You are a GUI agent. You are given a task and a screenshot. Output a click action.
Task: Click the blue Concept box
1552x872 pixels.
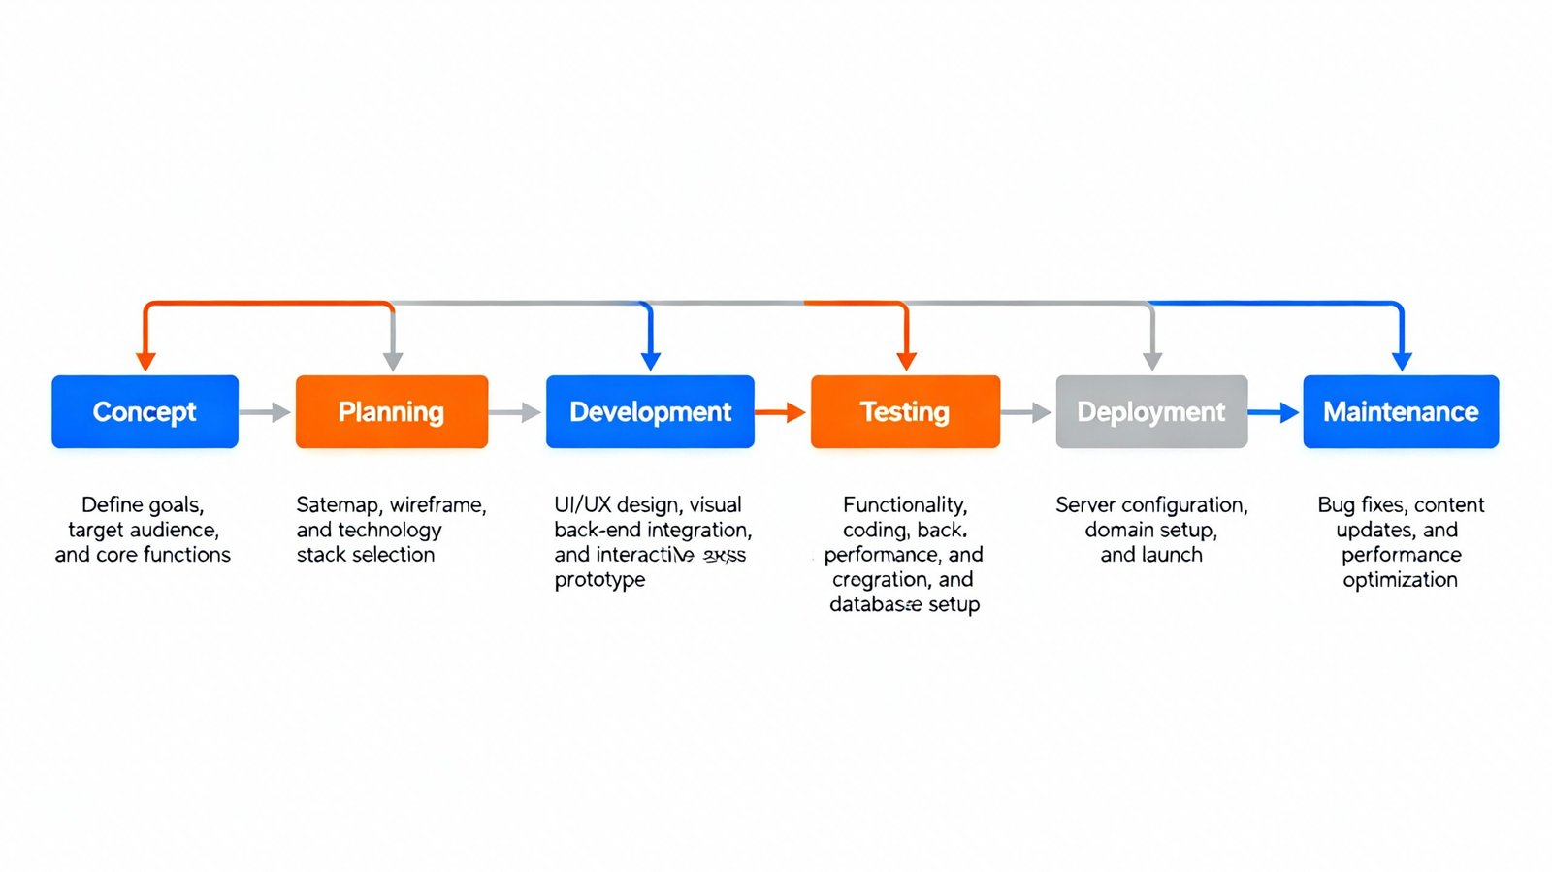pos(145,411)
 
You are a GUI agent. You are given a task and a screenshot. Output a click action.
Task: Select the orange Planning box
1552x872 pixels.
pos(391,411)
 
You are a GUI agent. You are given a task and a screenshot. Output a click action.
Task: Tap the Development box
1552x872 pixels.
pos(650,411)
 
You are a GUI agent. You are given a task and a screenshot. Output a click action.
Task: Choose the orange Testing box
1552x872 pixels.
pos(905,411)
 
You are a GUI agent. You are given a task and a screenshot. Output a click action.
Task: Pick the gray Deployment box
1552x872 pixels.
pos(1151,411)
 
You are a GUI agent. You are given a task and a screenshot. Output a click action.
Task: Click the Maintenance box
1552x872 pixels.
pos(1401,411)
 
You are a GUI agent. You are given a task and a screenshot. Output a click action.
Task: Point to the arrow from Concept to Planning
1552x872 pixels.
pos(266,412)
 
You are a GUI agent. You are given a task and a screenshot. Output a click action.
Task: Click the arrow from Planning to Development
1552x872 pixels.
pos(515,412)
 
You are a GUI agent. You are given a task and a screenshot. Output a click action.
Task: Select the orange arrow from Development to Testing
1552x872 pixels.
pos(781,412)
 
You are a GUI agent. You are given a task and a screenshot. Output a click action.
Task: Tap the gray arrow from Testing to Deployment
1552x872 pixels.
pos(1026,412)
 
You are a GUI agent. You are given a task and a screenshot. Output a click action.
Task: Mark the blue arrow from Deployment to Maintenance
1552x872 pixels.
pos(1274,412)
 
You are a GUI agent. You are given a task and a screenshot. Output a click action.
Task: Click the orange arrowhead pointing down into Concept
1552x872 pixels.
pos(145,361)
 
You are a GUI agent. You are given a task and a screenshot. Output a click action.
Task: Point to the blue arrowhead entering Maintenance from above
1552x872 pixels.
pos(1402,361)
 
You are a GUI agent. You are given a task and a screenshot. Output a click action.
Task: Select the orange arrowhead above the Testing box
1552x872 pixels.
pos(907,361)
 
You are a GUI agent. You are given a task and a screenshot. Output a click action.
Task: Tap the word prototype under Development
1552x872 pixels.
pos(599,580)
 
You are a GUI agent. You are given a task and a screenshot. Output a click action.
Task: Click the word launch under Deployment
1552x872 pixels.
pos(1173,555)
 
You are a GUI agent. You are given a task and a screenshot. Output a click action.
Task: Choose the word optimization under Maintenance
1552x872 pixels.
pos(1400,580)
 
